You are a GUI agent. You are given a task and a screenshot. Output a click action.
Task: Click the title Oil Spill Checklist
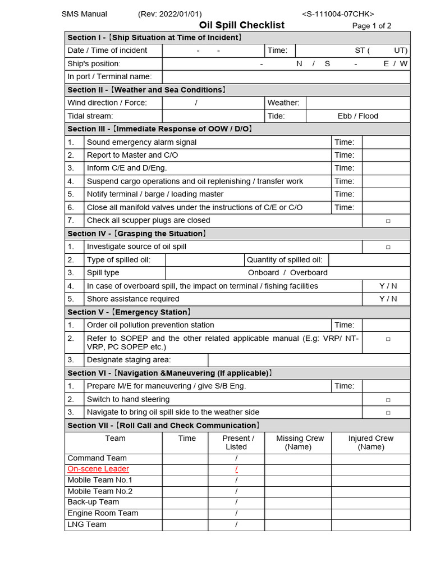click(242, 25)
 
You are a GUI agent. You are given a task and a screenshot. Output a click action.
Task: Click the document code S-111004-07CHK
click(338, 14)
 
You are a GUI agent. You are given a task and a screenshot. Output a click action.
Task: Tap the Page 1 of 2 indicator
click(372, 26)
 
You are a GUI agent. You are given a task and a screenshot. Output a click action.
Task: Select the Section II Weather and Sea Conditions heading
click(147, 90)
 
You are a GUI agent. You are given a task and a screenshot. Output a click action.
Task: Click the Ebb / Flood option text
click(357, 116)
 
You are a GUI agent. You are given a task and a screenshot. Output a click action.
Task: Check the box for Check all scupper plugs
click(388, 221)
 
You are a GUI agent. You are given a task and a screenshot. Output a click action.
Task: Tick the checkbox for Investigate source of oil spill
click(388, 247)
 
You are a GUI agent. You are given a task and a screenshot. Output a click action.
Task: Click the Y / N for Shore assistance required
click(388, 299)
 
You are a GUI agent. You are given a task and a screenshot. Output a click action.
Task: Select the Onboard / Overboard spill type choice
click(287, 273)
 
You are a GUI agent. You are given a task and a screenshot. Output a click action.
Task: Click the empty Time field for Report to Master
click(386, 155)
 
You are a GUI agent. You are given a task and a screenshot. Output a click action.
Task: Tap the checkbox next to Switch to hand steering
click(388, 400)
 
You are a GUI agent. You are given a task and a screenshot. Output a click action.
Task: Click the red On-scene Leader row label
click(98, 469)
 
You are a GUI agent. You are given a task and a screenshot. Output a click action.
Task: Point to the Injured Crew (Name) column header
click(370, 442)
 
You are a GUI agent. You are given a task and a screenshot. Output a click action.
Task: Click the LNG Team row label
click(87, 524)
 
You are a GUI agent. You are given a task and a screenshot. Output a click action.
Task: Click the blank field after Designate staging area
click(309, 360)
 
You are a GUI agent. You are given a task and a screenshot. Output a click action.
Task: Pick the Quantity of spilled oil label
click(285, 260)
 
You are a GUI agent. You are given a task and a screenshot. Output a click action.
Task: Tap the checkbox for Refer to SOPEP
click(388, 339)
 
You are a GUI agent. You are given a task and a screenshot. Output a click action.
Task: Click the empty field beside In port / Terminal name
click(286, 77)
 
